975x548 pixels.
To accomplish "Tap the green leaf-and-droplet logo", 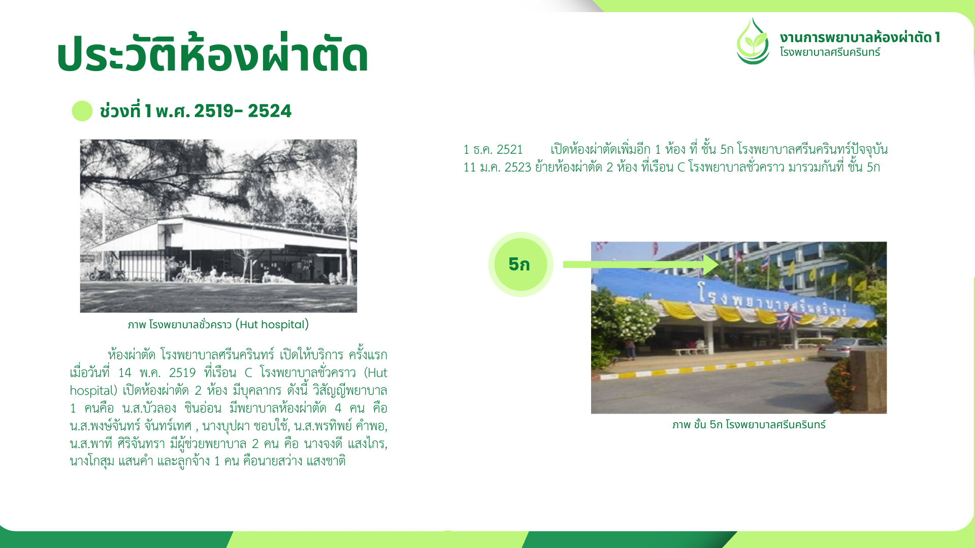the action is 753,42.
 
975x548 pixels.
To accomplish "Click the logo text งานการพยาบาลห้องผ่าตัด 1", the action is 860,37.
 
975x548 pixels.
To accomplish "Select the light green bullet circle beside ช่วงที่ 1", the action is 82,111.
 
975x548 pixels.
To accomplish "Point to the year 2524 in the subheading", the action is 270,111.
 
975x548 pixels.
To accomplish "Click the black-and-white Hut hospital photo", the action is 218,226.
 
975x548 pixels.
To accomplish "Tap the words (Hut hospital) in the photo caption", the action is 272,324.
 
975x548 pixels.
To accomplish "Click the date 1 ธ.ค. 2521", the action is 493,150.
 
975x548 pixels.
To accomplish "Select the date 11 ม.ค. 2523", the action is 497,167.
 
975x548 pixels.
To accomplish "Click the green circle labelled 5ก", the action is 521,264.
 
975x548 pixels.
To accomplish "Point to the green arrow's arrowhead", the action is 711,264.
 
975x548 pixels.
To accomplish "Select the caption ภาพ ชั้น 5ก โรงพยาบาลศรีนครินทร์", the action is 749,425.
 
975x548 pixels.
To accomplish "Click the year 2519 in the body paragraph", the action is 182,373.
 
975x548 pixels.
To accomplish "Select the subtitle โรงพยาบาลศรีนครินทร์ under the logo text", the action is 830,52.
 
